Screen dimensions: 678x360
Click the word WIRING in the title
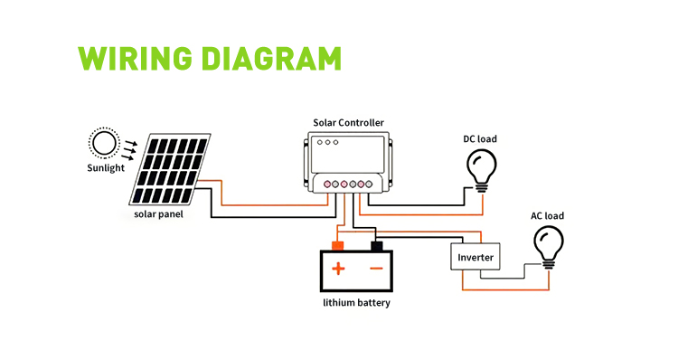[x=135, y=58]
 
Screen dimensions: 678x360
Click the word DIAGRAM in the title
[x=272, y=58]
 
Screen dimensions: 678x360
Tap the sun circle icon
[x=104, y=143]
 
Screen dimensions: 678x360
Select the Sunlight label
[x=106, y=168]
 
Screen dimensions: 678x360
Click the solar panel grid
[x=170, y=169]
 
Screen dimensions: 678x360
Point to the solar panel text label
[x=158, y=214]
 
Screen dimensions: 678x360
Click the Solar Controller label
[x=349, y=123]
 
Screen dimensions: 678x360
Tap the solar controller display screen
[x=348, y=155]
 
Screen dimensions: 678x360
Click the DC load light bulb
[x=482, y=170]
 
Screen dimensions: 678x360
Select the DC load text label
[x=480, y=139]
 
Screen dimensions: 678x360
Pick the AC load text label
[x=548, y=216]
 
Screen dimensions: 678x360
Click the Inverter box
[x=476, y=257]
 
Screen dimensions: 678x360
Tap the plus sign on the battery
[x=338, y=269]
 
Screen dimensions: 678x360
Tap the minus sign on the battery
[x=377, y=269]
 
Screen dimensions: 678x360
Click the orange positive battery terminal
[x=337, y=246]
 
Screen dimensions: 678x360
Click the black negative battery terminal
[x=377, y=246]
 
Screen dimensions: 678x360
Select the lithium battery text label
[x=357, y=303]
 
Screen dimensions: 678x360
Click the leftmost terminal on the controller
[x=327, y=185]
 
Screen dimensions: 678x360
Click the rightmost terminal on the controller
[x=369, y=185]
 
